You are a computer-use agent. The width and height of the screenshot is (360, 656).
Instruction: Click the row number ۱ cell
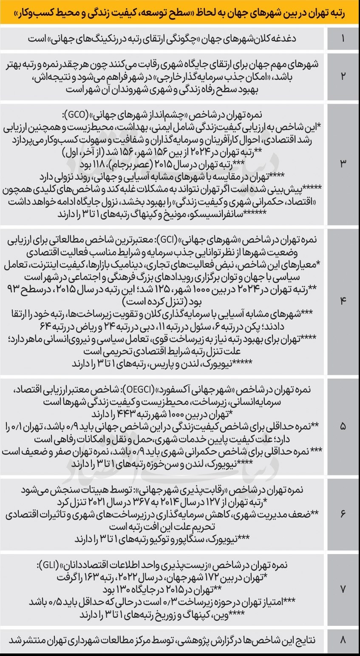coord(343,39)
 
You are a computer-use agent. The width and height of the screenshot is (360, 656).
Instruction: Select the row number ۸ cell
coord(343,640)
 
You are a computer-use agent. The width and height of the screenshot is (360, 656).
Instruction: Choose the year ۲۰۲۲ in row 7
coord(145,578)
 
